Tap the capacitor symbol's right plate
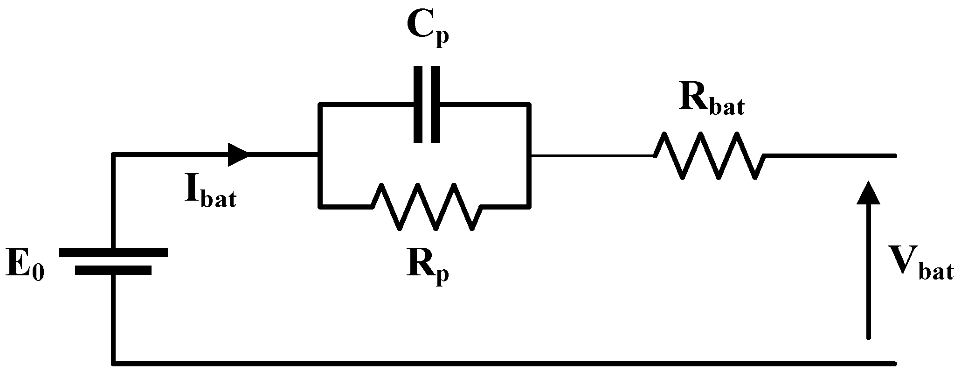(435, 105)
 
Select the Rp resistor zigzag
(427, 206)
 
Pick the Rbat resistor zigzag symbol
(709, 155)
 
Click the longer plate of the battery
(113, 252)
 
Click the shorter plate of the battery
(113, 270)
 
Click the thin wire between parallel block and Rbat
(592, 155)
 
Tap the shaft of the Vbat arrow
(868, 280)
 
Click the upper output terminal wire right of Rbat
(830, 155)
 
